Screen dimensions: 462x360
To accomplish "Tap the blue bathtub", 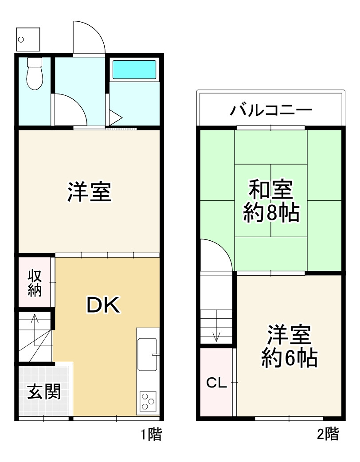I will pos(134,70).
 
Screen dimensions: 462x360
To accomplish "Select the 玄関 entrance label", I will pos(44,392).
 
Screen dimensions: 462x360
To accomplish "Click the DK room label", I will pos(102,305).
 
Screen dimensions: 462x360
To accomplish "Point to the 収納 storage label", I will pos(35,283).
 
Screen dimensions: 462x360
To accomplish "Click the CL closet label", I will pos(217,383).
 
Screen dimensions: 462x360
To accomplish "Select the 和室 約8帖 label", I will pos(271,202).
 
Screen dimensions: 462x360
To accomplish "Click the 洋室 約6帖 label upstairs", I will pos(289,346).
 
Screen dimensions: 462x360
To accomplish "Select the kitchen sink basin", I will pos(147,354).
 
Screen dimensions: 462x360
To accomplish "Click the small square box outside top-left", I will pos(27,39).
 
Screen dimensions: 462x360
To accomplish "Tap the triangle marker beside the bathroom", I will pos(115,118).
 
